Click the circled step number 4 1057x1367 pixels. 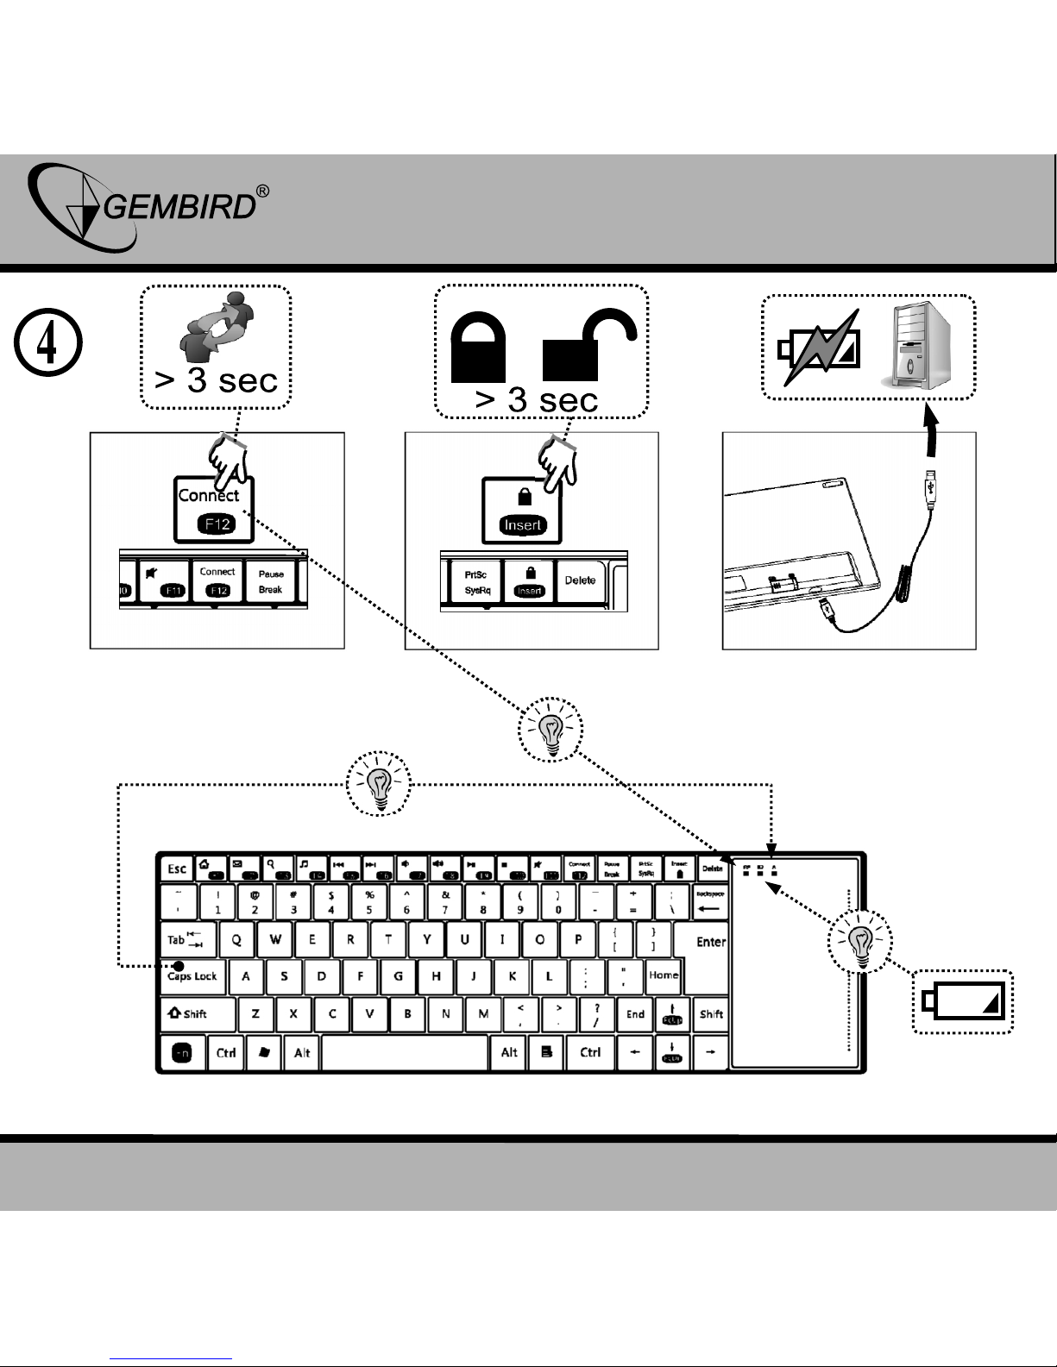48,343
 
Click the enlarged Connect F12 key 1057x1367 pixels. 213,510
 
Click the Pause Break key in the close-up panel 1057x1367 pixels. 271,582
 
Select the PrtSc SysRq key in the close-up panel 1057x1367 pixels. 471,582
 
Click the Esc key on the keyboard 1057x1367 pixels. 177,868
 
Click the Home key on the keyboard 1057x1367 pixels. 664,975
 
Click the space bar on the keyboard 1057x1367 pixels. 405,1052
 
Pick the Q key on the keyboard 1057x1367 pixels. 236,940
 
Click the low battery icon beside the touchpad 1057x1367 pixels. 963,1001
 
